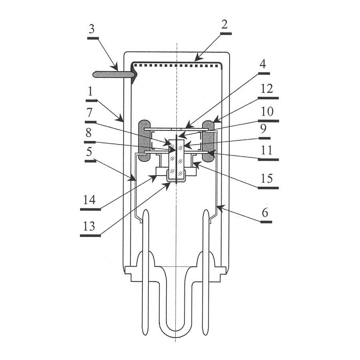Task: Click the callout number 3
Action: pyautogui.click(x=91, y=30)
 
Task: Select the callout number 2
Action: pyautogui.click(x=224, y=24)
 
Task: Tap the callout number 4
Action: pyautogui.click(x=263, y=64)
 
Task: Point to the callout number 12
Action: pyautogui.click(x=266, y=89)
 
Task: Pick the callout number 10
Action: pyautogui.click(x=267, y=112)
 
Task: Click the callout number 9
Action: pyautogui.click(x=263, y=129)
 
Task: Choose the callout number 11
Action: pyautogui.click(x=266, y=150)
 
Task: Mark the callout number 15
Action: pyautogui.click(x=267, y=179)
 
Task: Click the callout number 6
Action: pyautogui.click(x=265, y=213)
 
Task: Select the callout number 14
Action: pyautogui.click(x=89, y=200)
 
